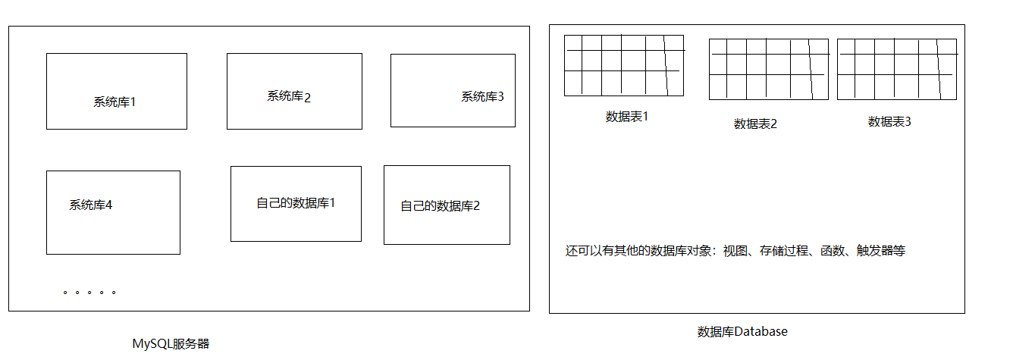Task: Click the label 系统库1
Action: (114, 102)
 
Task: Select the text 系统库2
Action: (289, 96)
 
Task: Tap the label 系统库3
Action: (482, 97)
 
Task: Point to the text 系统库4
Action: (90, 205)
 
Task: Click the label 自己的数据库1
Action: (296, 203)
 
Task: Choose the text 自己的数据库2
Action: (440, 205)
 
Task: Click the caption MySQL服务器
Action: (171, 344)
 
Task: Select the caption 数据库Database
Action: (742, 332)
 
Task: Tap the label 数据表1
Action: (627, 117)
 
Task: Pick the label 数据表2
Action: (755, 124)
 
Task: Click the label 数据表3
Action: (889, 121)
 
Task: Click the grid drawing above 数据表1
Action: (623, 65)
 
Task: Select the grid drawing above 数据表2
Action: (768, 69)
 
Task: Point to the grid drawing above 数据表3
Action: (896, 69)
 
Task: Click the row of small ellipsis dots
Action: (89, 292)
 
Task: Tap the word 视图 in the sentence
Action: (735, 251)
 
